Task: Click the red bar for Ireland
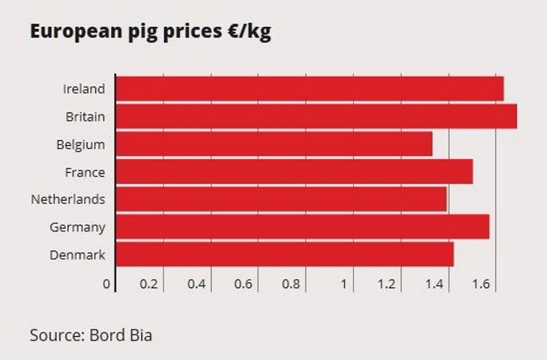310,89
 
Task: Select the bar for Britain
316,116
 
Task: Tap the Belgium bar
274,144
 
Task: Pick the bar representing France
294,172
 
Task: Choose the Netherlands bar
281,199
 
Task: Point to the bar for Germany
303,227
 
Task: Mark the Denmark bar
285,255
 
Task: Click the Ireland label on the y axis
84,89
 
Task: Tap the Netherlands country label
68,199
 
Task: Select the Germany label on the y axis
78,227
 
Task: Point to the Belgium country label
80,145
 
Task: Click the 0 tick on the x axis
107,284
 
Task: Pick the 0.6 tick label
244,284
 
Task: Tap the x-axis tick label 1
343,284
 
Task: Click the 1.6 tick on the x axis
481,284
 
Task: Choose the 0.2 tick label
148,284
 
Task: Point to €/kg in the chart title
249,33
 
